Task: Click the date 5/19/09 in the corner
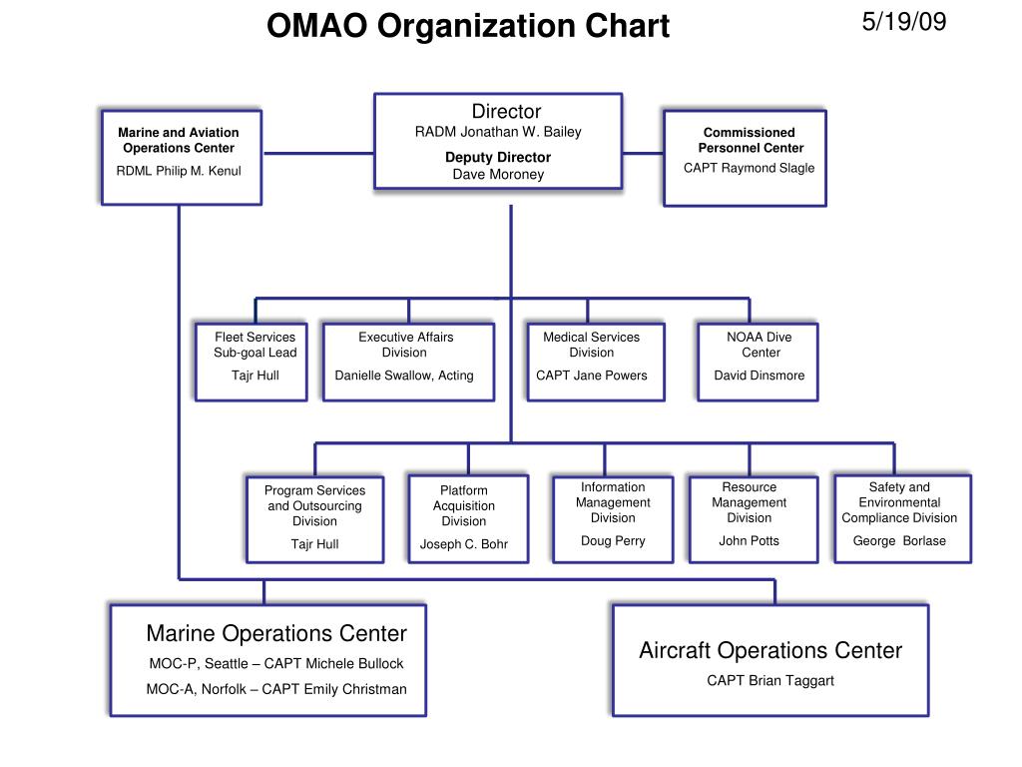pos(904,22)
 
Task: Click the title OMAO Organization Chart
pos(467,26)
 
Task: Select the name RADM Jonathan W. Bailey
pos(498,132)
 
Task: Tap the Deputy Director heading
pos(498,157)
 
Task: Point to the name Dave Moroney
pos(498,175)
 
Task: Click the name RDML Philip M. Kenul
pos(179,171)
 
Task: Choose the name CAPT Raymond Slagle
pos(749,168)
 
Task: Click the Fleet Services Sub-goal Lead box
pos(252,361)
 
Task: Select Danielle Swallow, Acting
pos(404,376)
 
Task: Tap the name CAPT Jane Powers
pos(592,376)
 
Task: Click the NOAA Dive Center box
pos(759,361)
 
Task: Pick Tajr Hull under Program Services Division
pos(314,544)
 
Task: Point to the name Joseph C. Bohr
pos(464,544)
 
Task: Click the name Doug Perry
pos(613,541)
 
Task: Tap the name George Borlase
pos(899,541)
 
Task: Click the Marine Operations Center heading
pos(276,633)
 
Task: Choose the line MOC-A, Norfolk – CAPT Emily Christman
pos(276,689)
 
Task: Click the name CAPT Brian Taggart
pos(770,681)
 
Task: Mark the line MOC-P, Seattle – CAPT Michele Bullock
pos(275,664)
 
